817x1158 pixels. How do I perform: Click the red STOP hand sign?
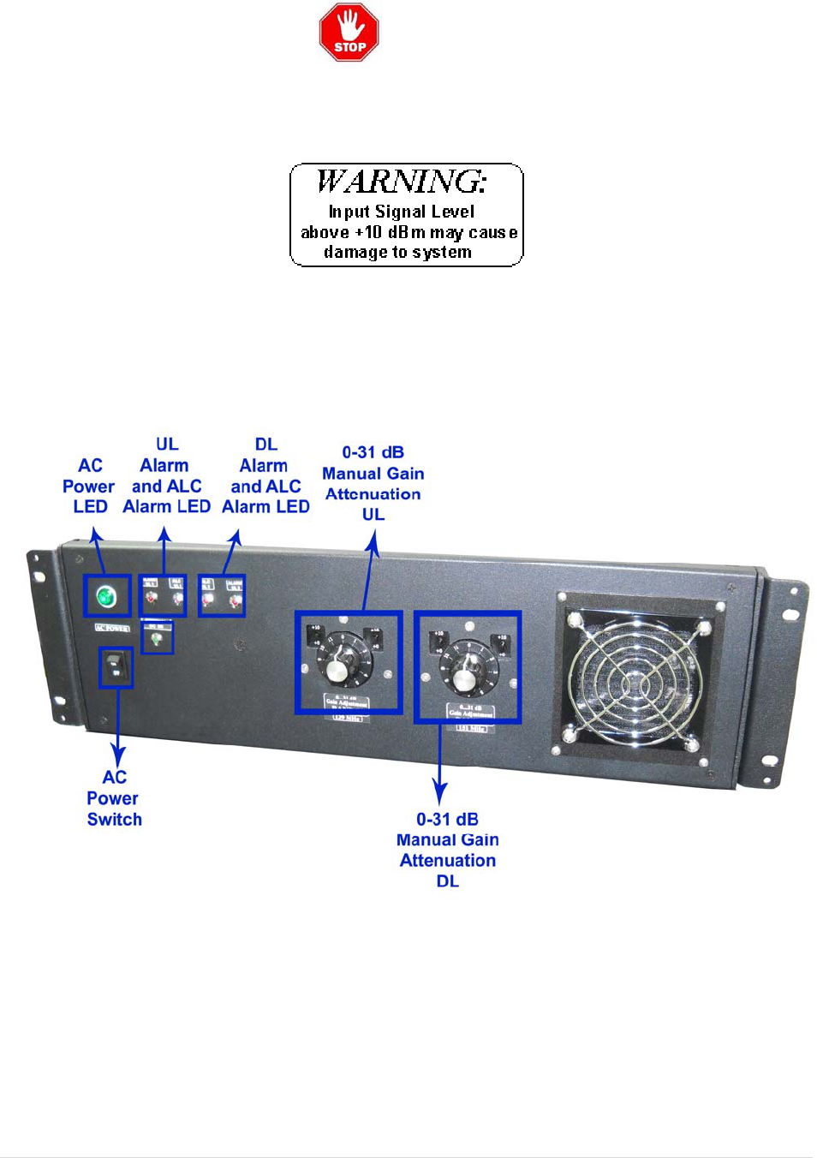(x=349, y=33)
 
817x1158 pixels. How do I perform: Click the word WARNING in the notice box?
(x=402, y=182)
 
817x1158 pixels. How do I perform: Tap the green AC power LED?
(x=106, y=595)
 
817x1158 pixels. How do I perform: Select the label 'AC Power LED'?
(x=89, y=486)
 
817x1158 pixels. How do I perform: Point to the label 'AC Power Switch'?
(x=114, y=798)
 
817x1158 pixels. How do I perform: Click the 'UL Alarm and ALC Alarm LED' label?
(x=166, y=476)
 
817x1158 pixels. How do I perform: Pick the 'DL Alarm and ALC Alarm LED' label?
(x=265, y=476)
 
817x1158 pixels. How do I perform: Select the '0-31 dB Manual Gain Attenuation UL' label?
(x=373, y=483)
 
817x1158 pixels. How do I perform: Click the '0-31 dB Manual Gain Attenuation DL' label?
(x=448, y=850)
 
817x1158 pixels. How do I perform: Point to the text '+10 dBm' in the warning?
(x=390, y=232)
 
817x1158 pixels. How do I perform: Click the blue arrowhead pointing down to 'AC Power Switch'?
(x=117, y=758)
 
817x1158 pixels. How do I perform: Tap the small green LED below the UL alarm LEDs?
(x=156, y=639)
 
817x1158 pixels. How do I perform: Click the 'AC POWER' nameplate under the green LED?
(x=111, y=628)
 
